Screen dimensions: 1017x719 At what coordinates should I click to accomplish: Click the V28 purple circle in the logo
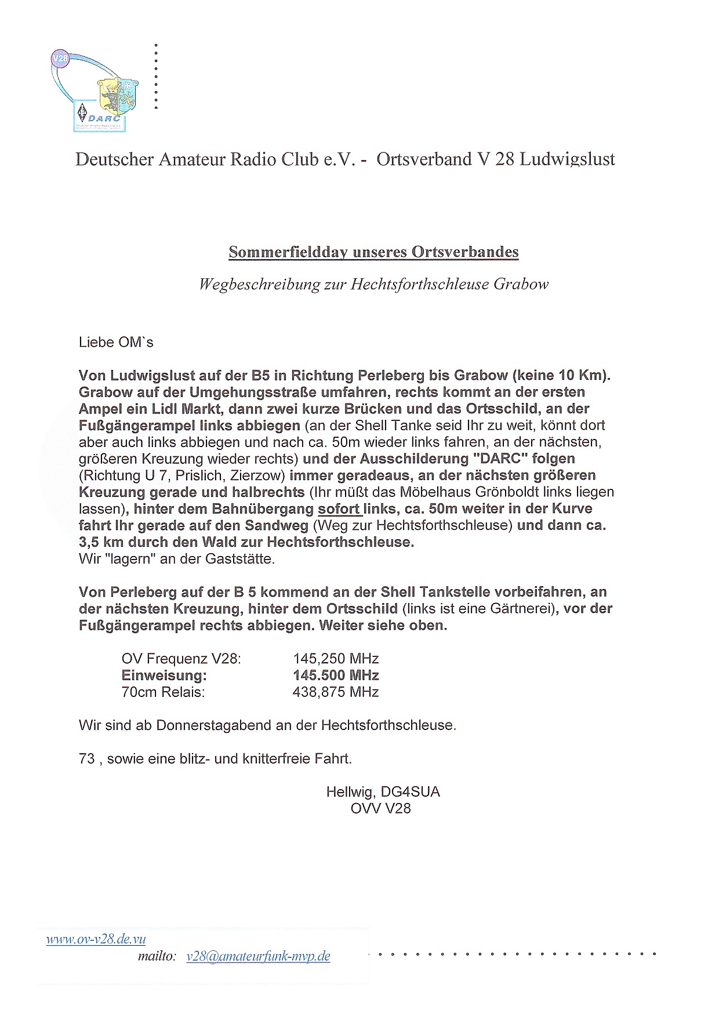point(60,59)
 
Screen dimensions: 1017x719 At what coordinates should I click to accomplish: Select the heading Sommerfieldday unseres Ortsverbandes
point(373,252)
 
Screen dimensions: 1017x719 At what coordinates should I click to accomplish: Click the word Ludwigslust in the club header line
point(567,159)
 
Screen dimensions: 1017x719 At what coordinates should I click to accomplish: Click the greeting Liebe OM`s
point(116,343)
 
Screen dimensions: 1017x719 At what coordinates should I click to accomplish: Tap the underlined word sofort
point(339,509)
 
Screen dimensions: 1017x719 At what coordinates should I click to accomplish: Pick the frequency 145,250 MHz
point(336,659)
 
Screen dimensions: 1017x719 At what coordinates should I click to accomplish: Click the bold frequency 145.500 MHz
point(336,675)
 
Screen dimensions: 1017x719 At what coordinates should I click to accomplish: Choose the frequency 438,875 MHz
point(336,692)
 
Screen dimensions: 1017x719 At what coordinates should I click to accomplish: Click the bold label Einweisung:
point(164,675)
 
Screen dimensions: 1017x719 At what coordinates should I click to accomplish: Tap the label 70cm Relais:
point(163,692)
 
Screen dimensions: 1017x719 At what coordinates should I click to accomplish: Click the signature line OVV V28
point(380,809)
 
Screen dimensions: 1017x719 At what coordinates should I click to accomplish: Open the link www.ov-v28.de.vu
point(96,939)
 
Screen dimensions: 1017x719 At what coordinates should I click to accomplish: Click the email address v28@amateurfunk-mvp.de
point(258,957)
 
